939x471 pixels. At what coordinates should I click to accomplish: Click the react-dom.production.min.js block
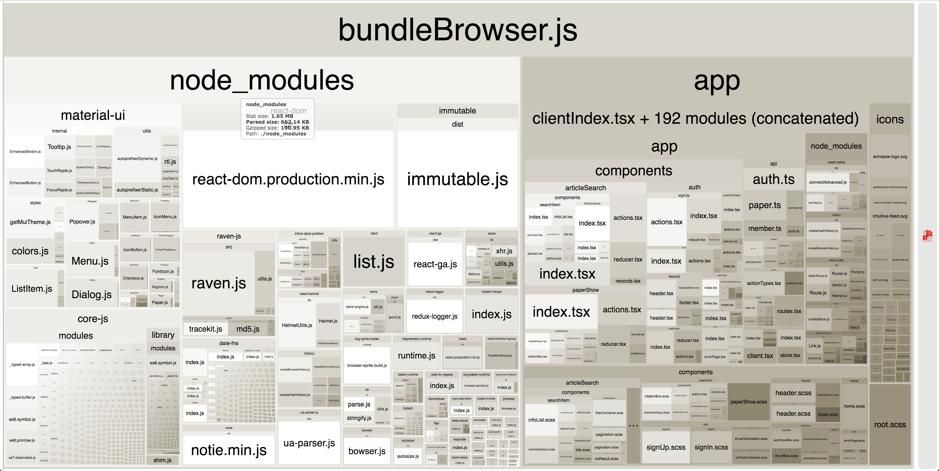tap(288, 179)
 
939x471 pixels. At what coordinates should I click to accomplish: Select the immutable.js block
tap(457, 179)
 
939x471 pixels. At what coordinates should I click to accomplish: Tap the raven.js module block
tap(219, 283)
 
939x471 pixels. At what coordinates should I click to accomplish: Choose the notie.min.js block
tap(229, 450)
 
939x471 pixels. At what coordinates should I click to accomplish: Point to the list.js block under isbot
tap(374, 262)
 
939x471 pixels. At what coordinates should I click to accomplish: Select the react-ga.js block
tap(435, 264)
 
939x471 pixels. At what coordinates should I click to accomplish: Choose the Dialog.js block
tap(91, 294)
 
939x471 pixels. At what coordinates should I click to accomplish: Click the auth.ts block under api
tap(773, 179)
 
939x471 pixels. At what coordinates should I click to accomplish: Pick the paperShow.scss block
tap(748, 402)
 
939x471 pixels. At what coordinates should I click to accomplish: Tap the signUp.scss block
tap(666, 447)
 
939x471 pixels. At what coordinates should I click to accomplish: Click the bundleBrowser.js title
tap(458, 30)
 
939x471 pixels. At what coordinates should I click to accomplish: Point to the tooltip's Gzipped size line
tap(277, 128)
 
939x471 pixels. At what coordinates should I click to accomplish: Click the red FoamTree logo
tap(927, 235)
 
